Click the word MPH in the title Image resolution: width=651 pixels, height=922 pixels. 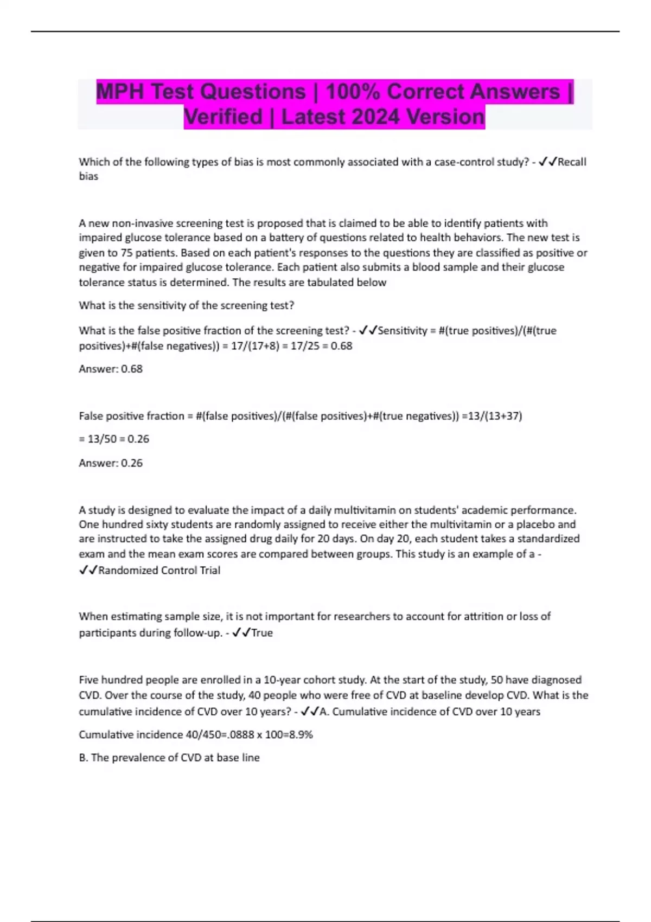pyautogui.click(x=120, y=92)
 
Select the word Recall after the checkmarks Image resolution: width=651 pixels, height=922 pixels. pyautogui.click(x=572, y=162)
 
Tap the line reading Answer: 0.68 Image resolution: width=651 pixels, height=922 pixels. pyautogui.click(x=111, y=369)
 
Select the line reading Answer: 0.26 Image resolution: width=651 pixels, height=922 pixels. pyautogui.click(x=111, y=463)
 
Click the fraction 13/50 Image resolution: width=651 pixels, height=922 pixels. pyautogui.click(x=102, y=439)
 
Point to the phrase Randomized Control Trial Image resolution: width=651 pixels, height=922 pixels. pyautogui.click(x=159, y=571)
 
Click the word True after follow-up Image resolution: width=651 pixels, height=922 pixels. pyautogui.click(x=262, y=633)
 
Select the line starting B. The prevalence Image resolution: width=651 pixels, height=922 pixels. pyautogui.click(x=169, y=758)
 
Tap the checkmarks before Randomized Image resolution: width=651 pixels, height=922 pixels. pyautogui.click(x=88, y=571)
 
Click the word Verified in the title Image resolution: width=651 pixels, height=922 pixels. pyautogui.click(x=223, y=117)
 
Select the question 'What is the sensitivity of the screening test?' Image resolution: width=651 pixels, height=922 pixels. pyautogui.click(x=187, y=305)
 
